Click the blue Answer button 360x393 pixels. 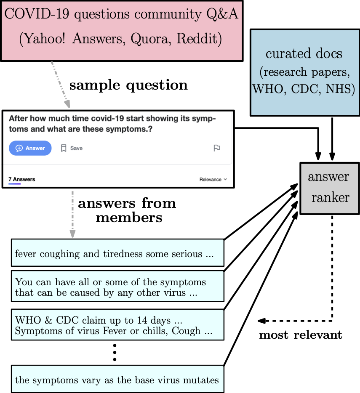click(x=30, y=148)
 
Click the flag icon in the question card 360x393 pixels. click(x=217, y=148)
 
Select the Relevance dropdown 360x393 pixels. click(x=213, y=179)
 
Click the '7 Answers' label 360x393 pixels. click(x=22, y=179)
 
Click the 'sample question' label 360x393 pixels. click(x=128, y=85)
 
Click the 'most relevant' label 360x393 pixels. click(x=300, y=335)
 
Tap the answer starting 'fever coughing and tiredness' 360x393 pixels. click(x=117, y=253)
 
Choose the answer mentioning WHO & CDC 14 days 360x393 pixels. click(x=117, y=325)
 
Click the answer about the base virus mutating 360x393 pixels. click(x=117, y=380)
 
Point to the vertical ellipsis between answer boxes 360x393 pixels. click(x=115, y=353)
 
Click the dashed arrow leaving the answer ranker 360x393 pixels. click(x=332, y=269)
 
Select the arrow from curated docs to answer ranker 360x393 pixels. click(x=332, y=139)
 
